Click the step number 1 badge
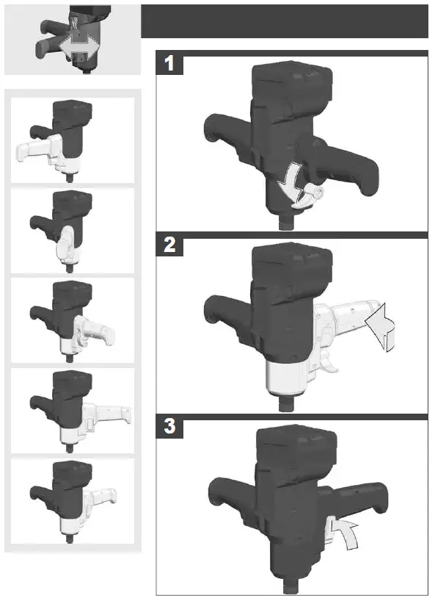point(169,65)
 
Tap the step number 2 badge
point(169,245)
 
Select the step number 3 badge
point(169,427)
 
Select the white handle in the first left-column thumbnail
point(33,151)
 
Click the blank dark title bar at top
point(284,21)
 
